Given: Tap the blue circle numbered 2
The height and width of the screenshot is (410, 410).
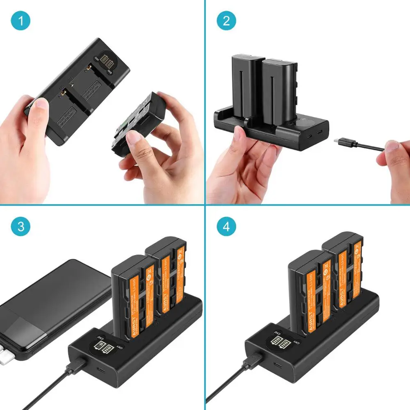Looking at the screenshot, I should [226, 21].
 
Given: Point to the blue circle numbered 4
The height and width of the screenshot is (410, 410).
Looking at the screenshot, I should [226, 226].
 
